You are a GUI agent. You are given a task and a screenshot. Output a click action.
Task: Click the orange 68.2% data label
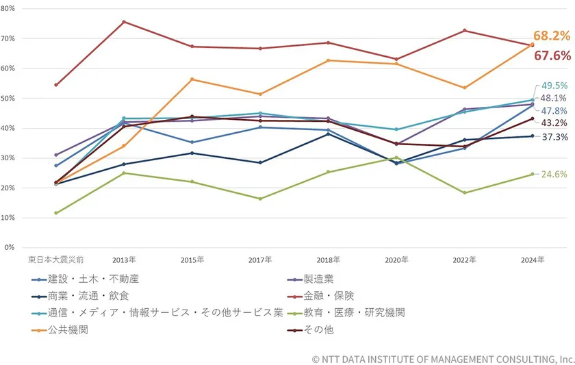[552, 35]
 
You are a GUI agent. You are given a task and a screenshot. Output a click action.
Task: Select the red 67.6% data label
[552, 55]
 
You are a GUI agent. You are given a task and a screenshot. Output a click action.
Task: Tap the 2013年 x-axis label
[124, 260]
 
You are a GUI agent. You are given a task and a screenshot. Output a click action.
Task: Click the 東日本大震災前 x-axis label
[55, 260]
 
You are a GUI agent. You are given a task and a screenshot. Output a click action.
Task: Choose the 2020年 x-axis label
[396, 260]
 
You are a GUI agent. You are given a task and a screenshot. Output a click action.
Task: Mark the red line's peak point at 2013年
[124, 22]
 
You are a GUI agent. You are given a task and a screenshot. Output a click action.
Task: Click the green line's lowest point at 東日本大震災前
[55, 213]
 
